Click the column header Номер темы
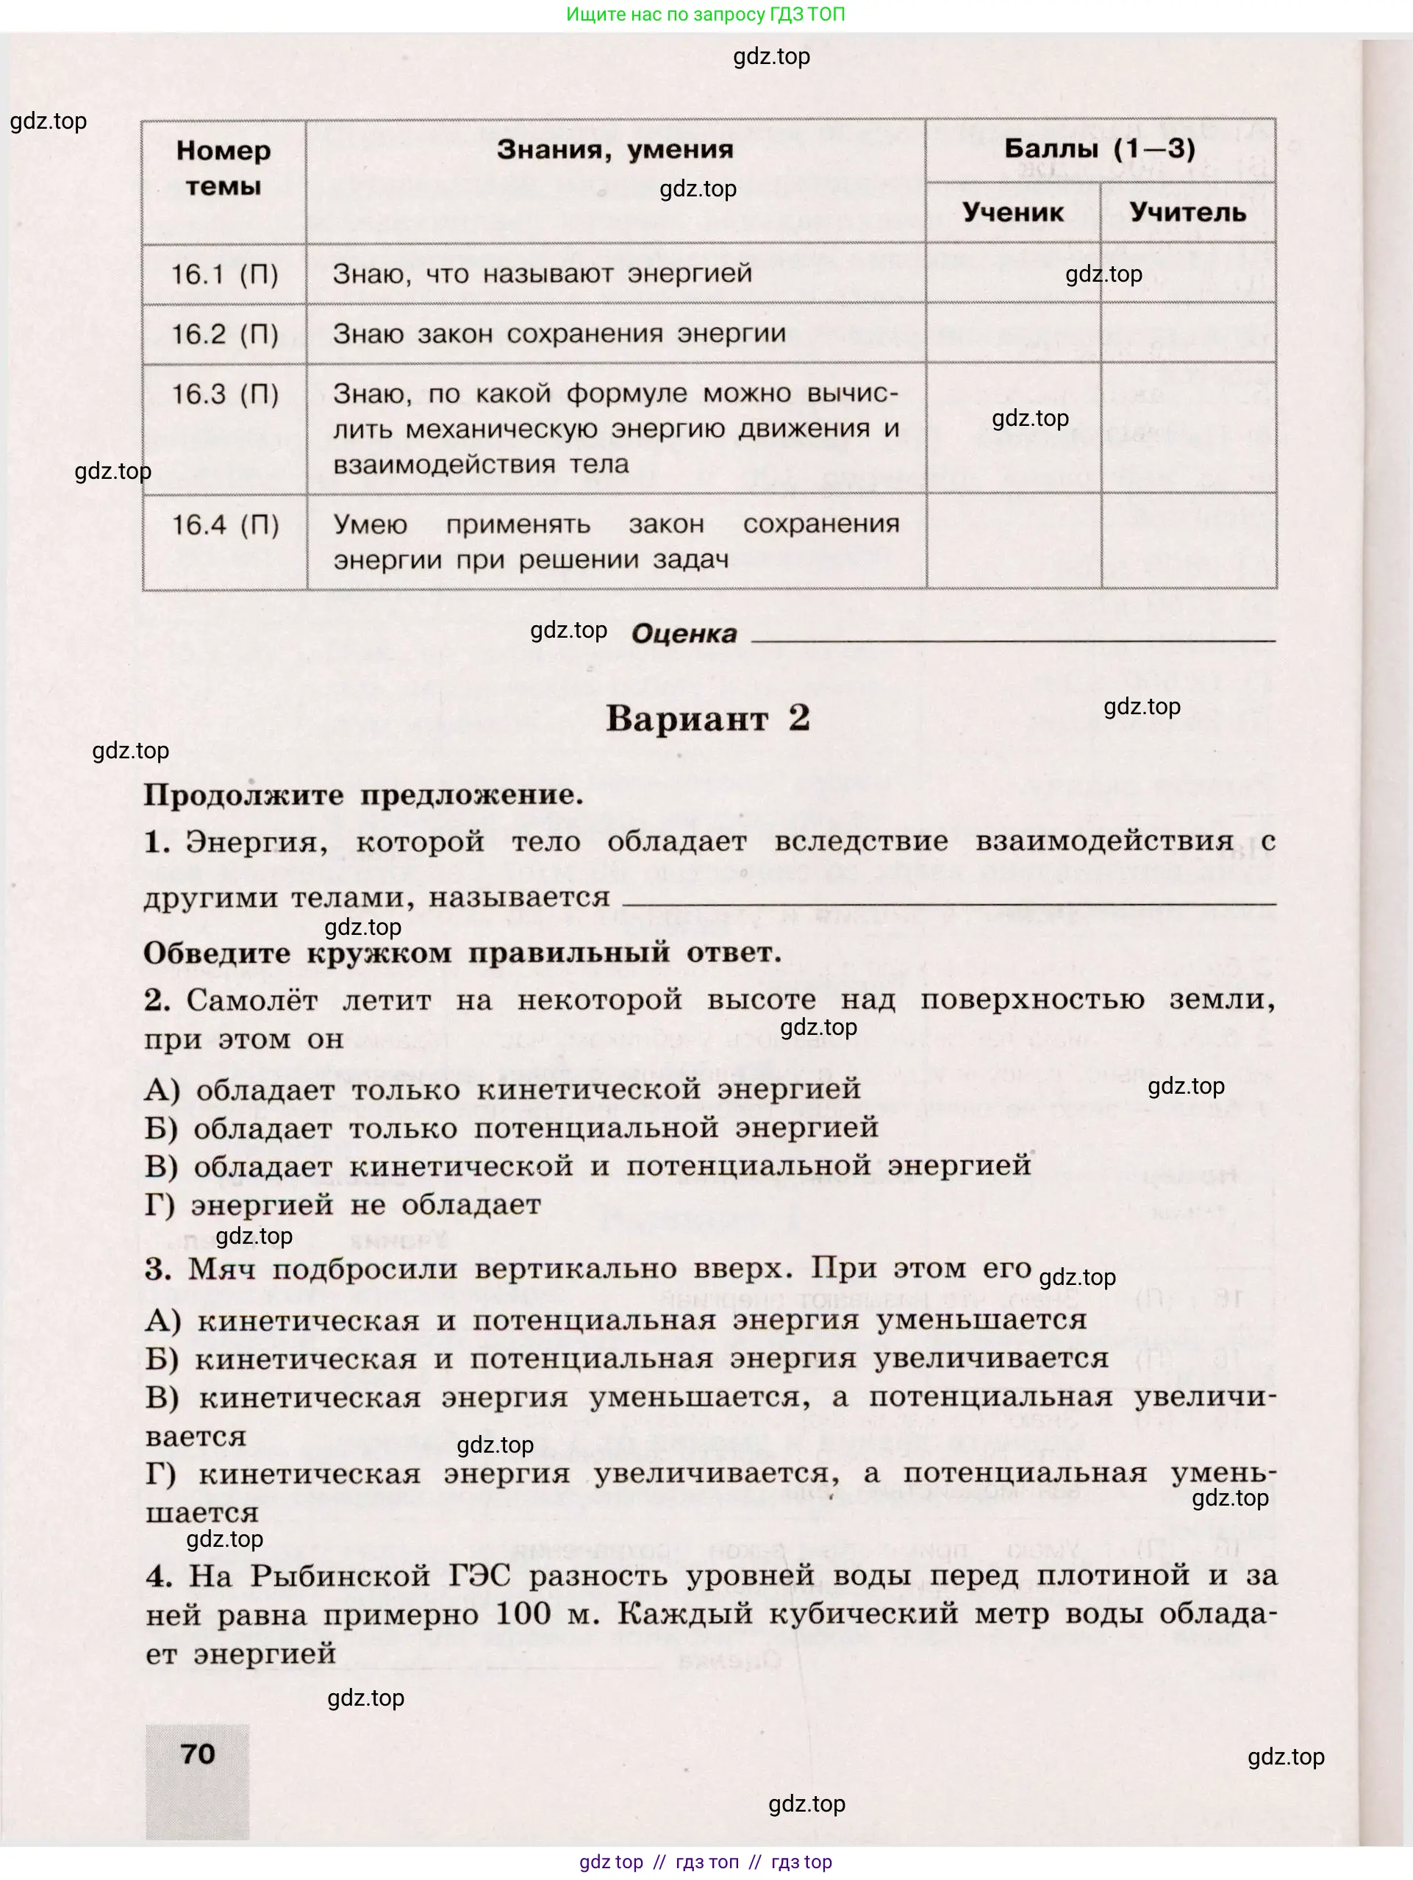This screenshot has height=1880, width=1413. pyautogui.click(x=223, y=168)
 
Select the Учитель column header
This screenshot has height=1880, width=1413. pyautogui.click(x=1187, y=212)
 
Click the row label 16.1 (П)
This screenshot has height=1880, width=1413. pyautogui.click(x=224, y=274)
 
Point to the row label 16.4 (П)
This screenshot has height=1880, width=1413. pyautogui.click(x=224, y=524)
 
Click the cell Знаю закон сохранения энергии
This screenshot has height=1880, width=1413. pyautogui.click(x=558, y=333)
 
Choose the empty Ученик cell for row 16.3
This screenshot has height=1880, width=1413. pyautogui.click(x=1013, y=428)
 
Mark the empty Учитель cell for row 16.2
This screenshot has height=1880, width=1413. pyautogui.click(x=1188, y=333)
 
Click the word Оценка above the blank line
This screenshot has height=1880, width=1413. pyautogui.click(x=684, y=633)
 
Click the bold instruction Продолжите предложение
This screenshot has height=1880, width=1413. pyautogui.click(x=363, y=796)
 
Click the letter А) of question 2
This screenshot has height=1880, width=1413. pyautogui.click(x=162, y=1089)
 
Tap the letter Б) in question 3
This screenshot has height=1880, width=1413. pyautogui.click(x=162, y=1359)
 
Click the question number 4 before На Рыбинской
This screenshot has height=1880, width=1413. pyautogui.click(x=159, y=1575)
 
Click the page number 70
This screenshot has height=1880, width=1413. pyautogui.click(x=198, y=1753)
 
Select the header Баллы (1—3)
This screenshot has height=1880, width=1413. pyautogui.click(x=1100, y=149)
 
